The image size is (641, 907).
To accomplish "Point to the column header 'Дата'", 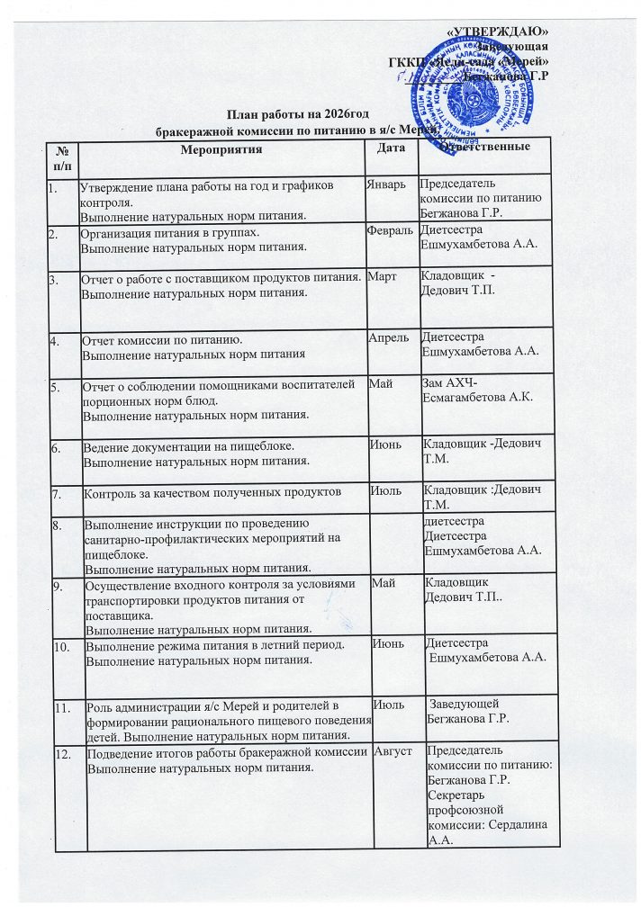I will click(x=391, y=148).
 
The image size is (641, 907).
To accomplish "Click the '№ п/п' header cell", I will click(x=61, y=154).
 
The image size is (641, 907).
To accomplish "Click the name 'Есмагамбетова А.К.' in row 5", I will click(x=473, y=397).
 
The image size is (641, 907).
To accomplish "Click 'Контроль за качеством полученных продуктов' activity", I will click(x=212, y=493).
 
